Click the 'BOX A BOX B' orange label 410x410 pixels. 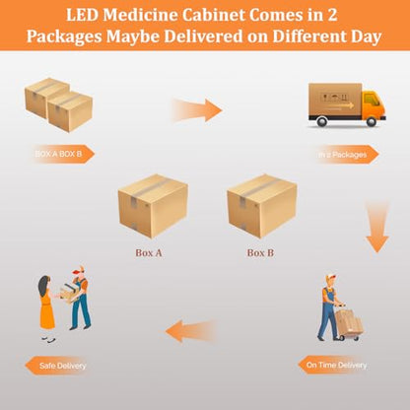pyautogui.click(x=61, y=154)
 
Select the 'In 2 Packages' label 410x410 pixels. pyautogui.click(x=346, y=154)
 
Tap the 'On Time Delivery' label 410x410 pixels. pyautogui.click(x=333, y=365)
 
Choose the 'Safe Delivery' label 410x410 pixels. pyautogui.click(x=57, y=366)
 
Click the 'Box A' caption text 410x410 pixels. pyautogui.click(x=149, y=252)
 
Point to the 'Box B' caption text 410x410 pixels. pyautogui.click(x=260, y=252)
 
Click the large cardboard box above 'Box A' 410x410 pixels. pyautogui.click(x=153, y=206)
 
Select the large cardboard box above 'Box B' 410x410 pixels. pyautogui.click(x=262, y=206)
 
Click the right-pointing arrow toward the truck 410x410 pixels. pyautogui.click(x=197, y=110)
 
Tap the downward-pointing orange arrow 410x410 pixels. pyautogui.click(x=377, y=227)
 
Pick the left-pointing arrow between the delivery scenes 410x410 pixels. pyautogui.click(x=191, y=330)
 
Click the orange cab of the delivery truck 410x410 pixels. pyautogui.click(x=374, y=104)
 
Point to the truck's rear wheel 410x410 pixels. pyautogui.click(x=322, y=122)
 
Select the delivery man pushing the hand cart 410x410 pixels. pyautogui.click(x=330, y=307)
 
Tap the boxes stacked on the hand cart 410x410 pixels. pyautogui.click(x=349, y=320)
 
